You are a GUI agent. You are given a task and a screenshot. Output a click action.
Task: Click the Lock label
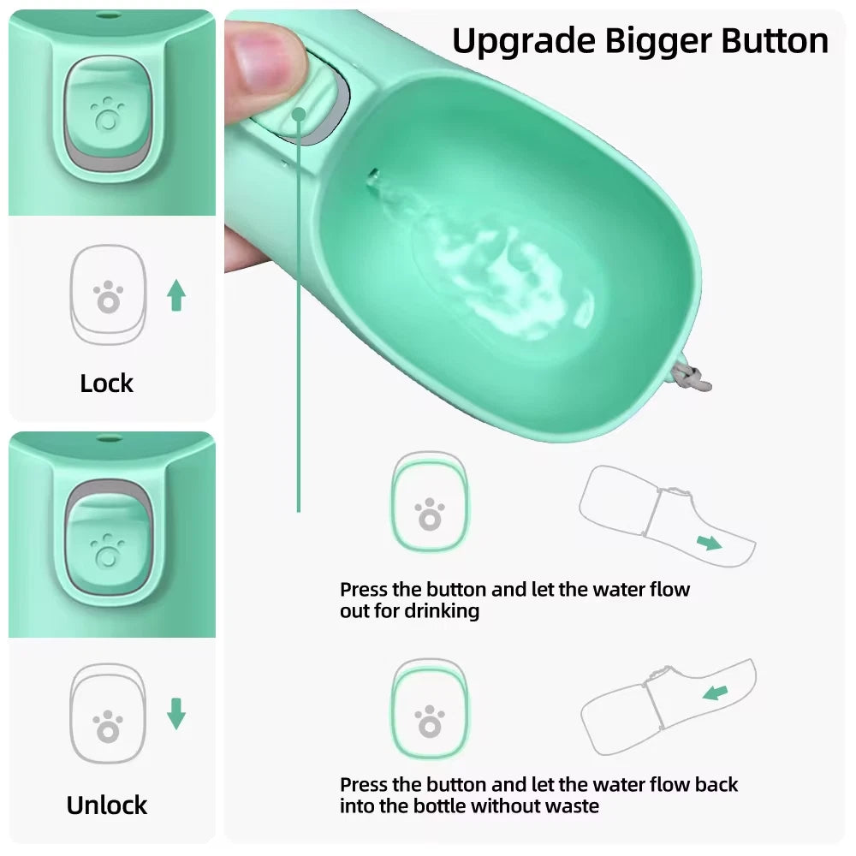[107, 383]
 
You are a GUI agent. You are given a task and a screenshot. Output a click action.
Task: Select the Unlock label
[107, 805]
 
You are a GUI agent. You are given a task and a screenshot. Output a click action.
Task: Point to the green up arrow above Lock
[176, 295]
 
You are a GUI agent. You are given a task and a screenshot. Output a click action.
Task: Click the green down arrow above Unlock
[176, 713]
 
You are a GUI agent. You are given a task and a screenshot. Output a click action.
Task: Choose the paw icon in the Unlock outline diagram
[108, 727]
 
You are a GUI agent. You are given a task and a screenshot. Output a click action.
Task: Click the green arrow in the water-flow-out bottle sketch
[708, 542]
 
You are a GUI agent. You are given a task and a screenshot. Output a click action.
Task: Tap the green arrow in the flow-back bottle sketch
[715, 692]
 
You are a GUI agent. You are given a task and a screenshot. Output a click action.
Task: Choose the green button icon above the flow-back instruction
[429, 710]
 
